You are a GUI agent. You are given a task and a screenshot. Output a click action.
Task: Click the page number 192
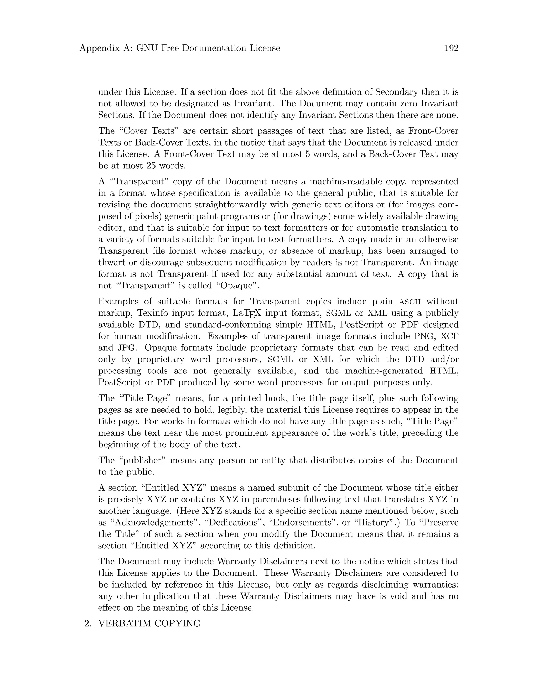[451, 48]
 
